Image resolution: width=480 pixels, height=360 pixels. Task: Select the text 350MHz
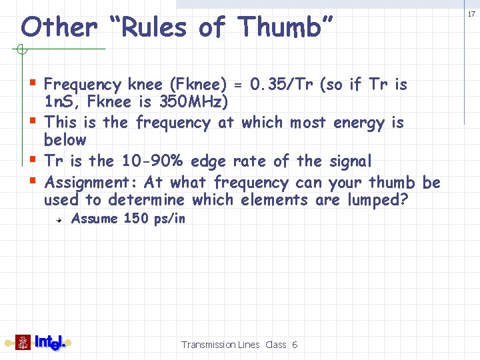pos(193,103)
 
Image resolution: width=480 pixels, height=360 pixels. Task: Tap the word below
pos(65,140)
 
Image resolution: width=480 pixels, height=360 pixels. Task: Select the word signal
pos(350,161)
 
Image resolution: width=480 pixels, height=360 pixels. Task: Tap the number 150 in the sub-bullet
pos(136,219)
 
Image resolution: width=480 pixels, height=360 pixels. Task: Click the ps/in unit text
pos(169,219)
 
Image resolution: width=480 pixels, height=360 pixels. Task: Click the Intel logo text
pos(49,342)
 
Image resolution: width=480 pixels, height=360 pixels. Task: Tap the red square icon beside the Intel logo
pos(23,342)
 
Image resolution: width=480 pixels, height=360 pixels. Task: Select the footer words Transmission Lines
pos(220,345)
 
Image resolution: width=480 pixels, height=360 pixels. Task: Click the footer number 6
pos(295,345)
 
